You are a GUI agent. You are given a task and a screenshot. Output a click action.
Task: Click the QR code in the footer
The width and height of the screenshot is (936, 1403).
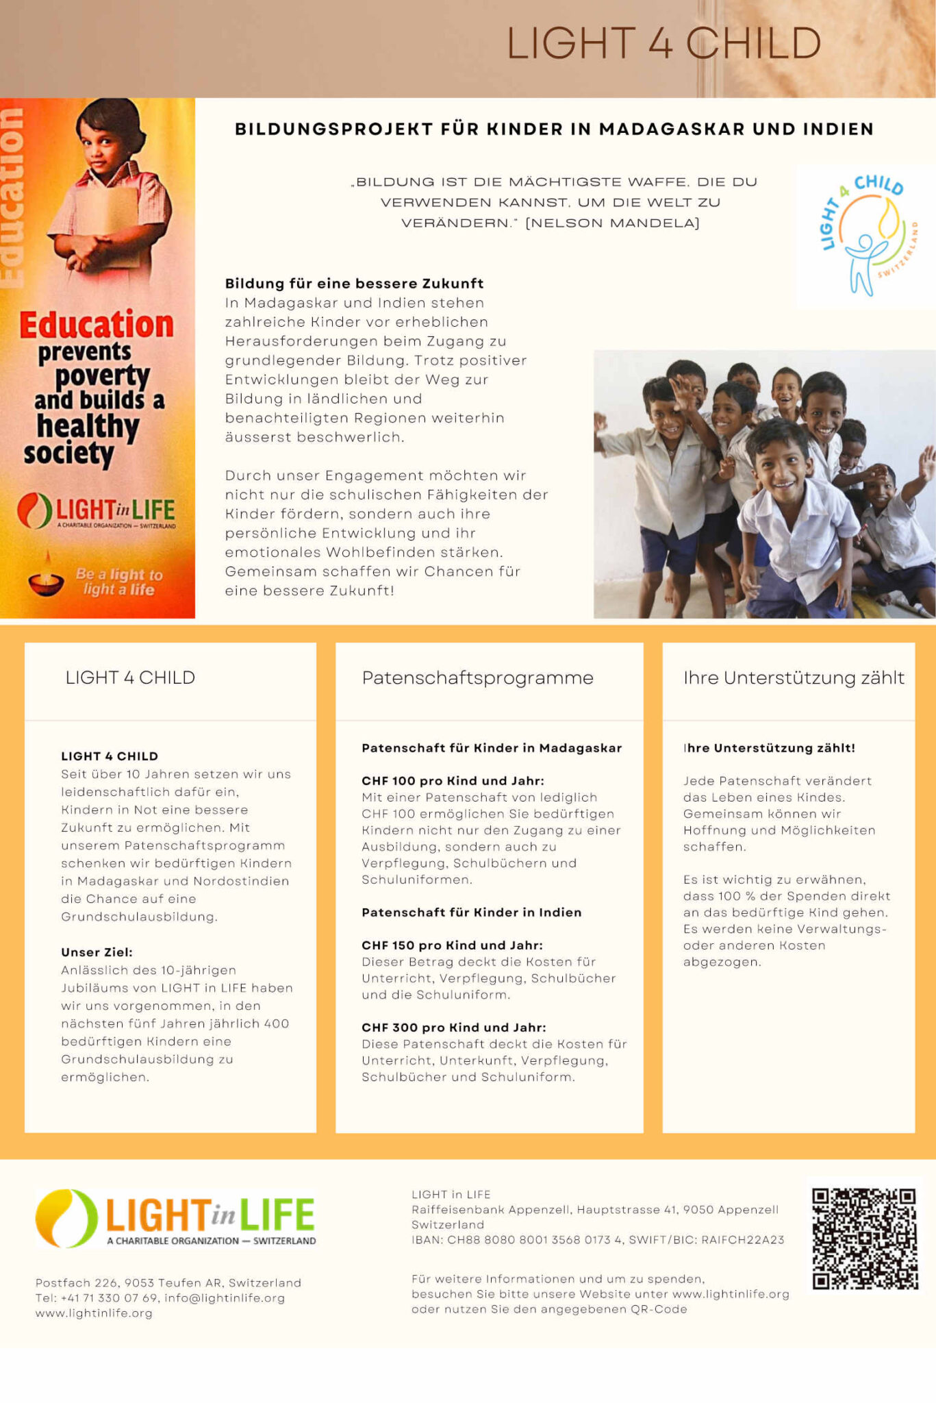(x=865, y=1239)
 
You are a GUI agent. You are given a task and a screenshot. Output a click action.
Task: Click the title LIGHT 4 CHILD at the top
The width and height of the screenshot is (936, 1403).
(x=663, y=43)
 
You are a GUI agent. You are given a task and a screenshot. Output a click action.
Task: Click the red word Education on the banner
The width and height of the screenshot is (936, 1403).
(x=97, y=325)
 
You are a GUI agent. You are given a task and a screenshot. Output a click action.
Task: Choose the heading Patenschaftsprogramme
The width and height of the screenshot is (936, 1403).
(x=477, y=678)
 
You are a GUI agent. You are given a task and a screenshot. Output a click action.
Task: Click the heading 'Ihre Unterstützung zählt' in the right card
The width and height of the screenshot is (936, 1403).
(x=793, y=678)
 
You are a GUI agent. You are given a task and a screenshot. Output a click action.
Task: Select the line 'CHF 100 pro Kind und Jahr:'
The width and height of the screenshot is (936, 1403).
(x=453, y=781)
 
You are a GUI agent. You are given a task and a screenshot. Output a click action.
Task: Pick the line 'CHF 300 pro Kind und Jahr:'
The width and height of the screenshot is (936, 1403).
(x=453, y=1028)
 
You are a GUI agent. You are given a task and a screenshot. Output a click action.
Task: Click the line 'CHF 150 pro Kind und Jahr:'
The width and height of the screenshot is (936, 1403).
(x=452, y=945)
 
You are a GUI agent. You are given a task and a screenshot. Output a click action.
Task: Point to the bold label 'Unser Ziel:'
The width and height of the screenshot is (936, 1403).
(x=97, y=952)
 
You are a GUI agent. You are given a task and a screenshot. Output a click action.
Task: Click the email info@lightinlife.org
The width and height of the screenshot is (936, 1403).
(x=225, y=1298)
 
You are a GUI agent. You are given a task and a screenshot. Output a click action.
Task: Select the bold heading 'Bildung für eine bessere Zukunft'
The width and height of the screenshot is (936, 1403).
(x=354, y=284)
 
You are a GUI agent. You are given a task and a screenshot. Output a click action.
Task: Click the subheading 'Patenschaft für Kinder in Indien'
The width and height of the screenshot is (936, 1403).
(x=471, y=912)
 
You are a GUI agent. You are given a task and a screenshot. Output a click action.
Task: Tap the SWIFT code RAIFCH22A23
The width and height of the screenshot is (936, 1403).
(x=743, y=1240)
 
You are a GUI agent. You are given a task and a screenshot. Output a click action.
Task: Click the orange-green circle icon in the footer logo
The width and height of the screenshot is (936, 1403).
(x=66, y=1218)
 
